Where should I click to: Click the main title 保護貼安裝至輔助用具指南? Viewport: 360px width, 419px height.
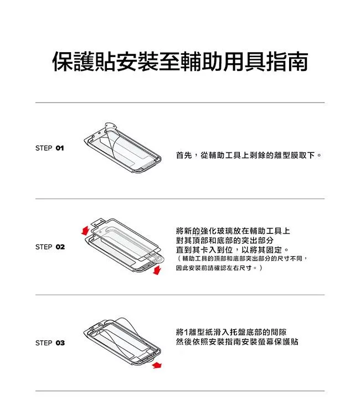pos(180,62)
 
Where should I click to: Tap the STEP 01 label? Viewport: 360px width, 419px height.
pos(50,148)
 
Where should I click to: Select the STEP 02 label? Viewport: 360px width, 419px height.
pos(50,247)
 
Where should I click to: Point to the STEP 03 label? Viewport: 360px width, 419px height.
pos(50,343)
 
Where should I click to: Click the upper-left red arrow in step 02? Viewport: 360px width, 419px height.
pos(85,231)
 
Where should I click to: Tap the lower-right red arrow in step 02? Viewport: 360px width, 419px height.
pos(157,270)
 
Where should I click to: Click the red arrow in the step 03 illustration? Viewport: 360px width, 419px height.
pos(157,365)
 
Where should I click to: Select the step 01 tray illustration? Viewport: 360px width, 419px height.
pos(122,147)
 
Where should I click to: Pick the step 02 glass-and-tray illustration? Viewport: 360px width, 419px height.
pos(123,246)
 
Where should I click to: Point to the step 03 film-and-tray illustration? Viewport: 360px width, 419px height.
pos(122,341)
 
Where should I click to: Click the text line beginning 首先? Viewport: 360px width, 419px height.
pos(249,155)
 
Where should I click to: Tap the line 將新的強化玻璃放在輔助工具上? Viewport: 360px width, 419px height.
pos(233,231)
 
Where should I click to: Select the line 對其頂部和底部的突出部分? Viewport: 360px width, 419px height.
pos(225,240)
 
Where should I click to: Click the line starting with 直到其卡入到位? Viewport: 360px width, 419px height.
pos(233,250)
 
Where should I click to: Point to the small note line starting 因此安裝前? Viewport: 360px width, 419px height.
pos(219,268)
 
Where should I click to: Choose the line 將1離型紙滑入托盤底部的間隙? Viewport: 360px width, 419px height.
pos(232,332)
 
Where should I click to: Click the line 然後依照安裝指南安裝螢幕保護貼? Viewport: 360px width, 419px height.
pos(237,342)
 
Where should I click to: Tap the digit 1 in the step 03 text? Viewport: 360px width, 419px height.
pos(186,333)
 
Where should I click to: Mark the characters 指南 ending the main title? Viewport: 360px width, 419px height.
pos(287,62)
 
